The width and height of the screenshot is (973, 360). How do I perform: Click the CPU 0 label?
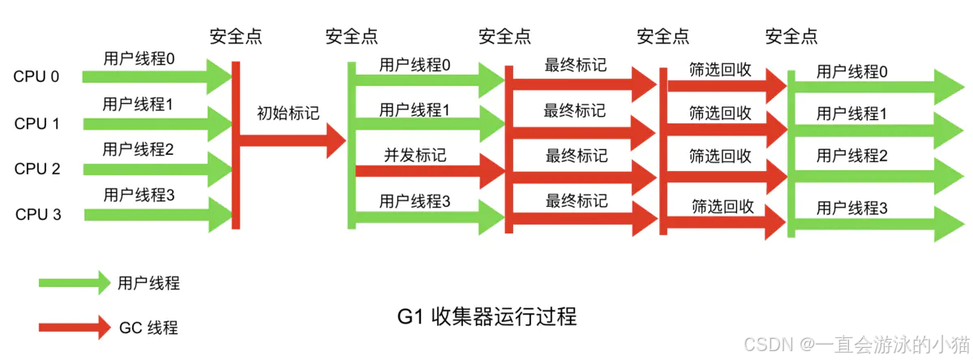click(36, 78)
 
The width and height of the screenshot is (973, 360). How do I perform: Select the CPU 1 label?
click(36, 124)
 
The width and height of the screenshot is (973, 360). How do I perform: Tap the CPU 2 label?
click(36, 169)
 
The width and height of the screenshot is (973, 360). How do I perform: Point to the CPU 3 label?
click(36, 215)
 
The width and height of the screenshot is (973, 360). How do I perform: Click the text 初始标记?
click(289, 114)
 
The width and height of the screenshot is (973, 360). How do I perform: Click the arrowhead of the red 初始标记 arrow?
click(335, 143)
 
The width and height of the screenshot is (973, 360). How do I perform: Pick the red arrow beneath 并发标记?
click(430, 170)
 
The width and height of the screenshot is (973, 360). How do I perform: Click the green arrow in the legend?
click(73, 283)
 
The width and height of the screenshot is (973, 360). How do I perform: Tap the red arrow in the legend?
click(73, 328)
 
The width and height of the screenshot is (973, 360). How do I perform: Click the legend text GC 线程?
click(148, 328)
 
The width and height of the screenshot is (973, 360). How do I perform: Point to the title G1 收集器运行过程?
click(487, 316)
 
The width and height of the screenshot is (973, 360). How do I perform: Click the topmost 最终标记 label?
click(576, 65)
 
